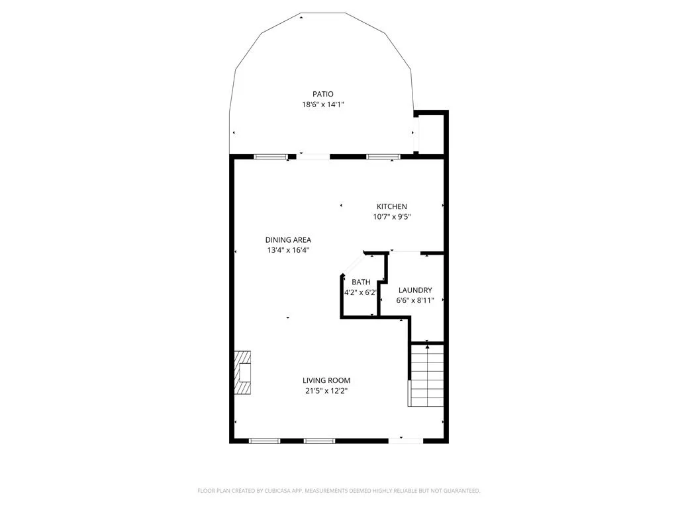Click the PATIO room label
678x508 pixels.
(x=323, y=94)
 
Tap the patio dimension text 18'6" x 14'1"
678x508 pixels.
(x=323, y=105)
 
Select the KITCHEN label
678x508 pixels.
(x=392, y=206)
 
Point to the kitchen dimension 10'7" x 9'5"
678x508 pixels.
(x=392, y=217)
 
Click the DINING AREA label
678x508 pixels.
(x=288, y=239)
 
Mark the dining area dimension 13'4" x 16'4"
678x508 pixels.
(x=288, y=250)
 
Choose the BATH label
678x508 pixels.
(x=361, y=282)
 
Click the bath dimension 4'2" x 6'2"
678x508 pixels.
(x=361, y=292)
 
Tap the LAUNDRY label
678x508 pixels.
(x=415, y=290)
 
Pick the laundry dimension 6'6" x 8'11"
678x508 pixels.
(x=415, y=301)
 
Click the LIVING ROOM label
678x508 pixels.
(x=326, y=380)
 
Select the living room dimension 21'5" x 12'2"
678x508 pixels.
(x=326, y=391)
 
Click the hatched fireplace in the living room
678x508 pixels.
(x=242, y=372)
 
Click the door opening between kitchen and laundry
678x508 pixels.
(x=405, y=252)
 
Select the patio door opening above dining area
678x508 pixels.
(x=313, y=156)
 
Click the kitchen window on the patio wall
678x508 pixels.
(x=383, y=156)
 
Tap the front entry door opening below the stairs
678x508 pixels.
(x=406, y=441)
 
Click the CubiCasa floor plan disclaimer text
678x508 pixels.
(x=338, y=491)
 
